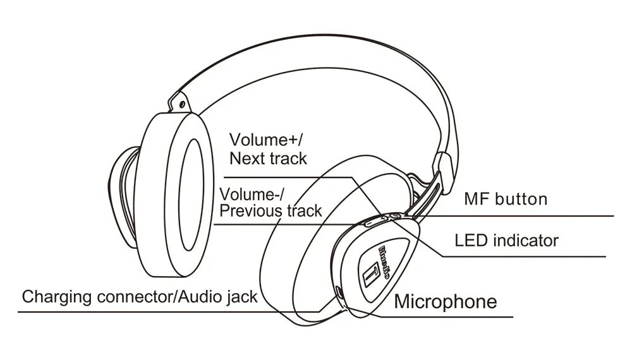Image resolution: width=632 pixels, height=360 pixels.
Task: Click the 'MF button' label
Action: coord(505,200)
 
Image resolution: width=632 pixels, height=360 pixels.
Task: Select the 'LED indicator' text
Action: coord(507,241)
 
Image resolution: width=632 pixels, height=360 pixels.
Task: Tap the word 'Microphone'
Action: coord(446,301)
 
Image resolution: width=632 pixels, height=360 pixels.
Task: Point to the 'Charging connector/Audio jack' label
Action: coord(140,296)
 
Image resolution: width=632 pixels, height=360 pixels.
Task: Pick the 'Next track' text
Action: coord(268,158)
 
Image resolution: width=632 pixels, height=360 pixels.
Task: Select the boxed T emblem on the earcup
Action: coord(372,276)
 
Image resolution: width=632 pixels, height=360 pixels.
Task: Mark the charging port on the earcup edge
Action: coord(340,293)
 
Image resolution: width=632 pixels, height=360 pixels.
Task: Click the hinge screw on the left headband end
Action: coord(182,103)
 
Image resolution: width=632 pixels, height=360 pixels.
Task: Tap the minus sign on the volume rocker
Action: coord(370,222)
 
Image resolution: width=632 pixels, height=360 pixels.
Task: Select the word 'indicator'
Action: coord(527,241)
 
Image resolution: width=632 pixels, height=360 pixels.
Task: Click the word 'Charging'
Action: coord(54,296)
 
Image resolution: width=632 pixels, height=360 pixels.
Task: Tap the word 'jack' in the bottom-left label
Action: coord(242,296)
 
